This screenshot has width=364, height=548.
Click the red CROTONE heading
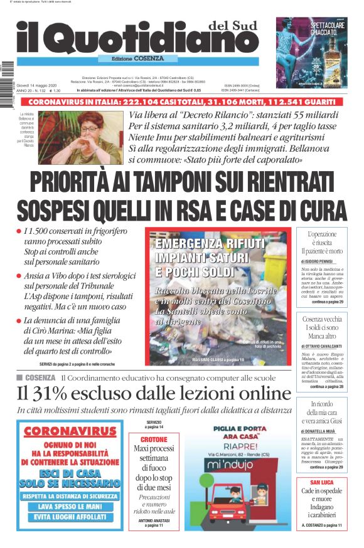pyautogui.click(x=154, y=440)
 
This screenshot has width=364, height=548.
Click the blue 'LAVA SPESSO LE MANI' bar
pyautogui.click(x=71, y=506)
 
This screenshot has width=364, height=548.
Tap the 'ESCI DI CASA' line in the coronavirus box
pyautogui.click(x=70, y=472)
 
